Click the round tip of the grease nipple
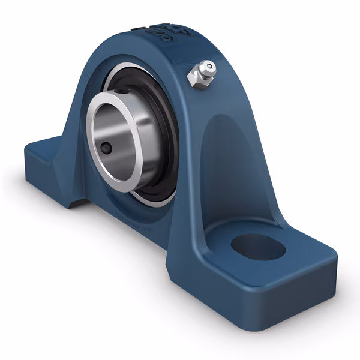point(208,67)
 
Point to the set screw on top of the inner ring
point(122,91)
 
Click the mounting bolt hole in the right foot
point(257,247)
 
